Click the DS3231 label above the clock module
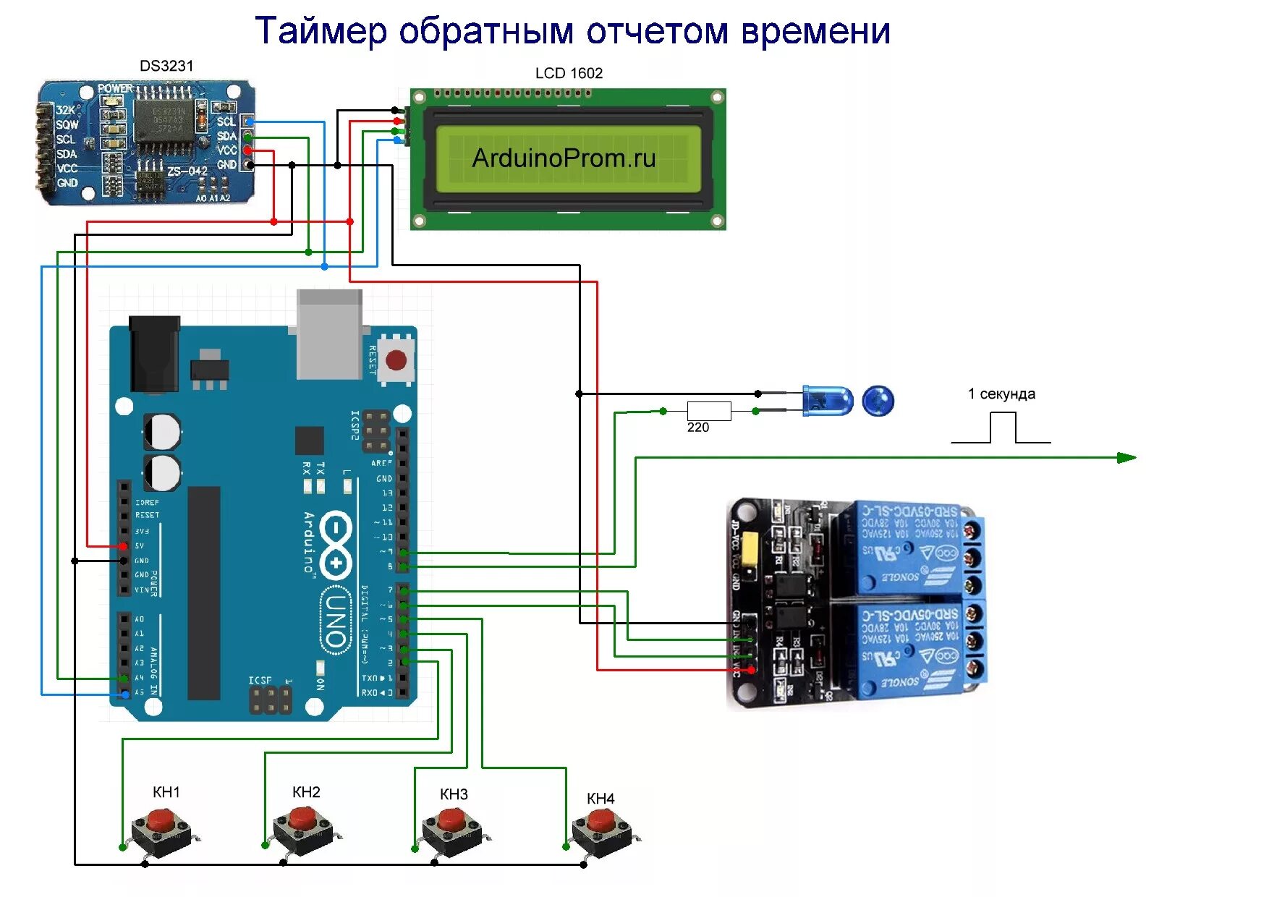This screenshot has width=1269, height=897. tap(166, 66)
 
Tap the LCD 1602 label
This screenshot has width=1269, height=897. tap(569, 73)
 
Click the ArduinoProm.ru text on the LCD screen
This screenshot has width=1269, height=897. tap(564, 158)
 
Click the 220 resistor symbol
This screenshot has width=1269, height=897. tap(708, 410)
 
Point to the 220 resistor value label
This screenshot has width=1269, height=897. tap(697, 428)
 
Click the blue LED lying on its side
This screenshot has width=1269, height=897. tap(828, 401)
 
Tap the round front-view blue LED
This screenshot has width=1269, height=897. tap(878, 400)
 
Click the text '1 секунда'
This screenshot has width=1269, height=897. tap(1001, 394)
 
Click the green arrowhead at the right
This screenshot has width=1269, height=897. tap(1126, 457)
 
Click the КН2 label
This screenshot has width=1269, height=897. tap(306, 792)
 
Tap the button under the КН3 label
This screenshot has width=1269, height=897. tap(454, 831)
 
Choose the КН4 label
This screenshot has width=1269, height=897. tap(600, 799)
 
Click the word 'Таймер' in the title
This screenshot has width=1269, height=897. tap(321, 31)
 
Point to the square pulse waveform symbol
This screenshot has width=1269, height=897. tap(1001, 428)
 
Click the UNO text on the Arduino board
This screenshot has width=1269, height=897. tap(335, 618)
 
